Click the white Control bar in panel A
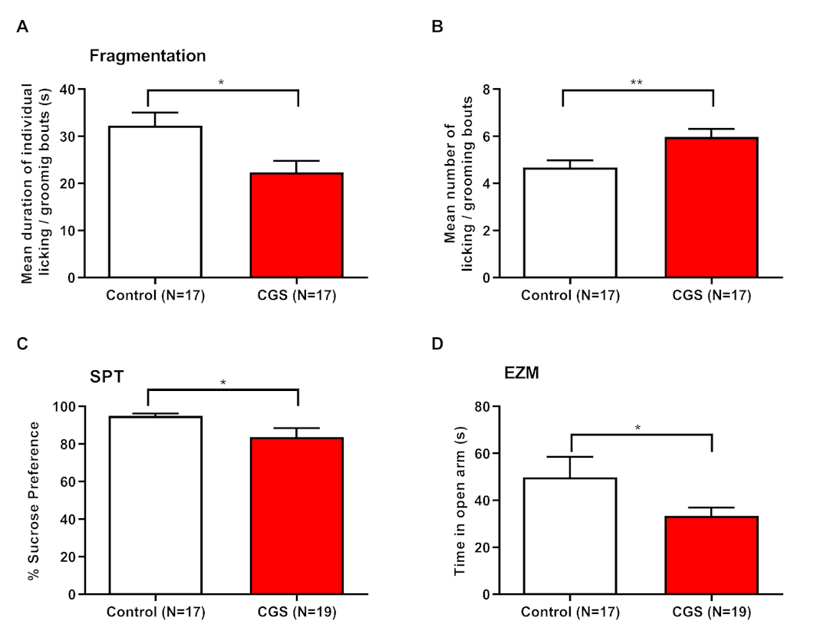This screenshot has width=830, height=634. [156, 201]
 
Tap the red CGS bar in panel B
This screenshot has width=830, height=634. [712, 207]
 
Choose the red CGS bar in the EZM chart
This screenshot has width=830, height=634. [712, 555]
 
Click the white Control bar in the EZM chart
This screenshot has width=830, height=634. [571, 536]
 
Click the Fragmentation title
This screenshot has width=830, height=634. [147, 56]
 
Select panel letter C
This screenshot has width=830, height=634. [23, 343]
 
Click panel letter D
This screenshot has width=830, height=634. [437, 343]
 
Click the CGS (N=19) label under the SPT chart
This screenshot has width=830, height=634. [298, 612]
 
